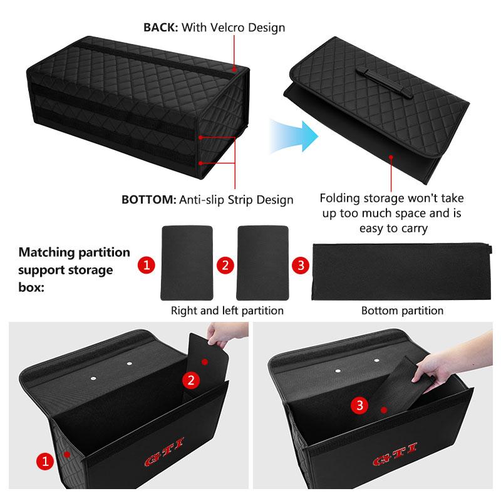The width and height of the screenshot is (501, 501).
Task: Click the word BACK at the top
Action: (162, 28)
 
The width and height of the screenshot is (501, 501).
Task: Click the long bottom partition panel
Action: (401, 269)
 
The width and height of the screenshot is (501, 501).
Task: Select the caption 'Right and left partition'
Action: (227, 311)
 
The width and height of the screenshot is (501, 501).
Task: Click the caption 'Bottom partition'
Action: (402, 311)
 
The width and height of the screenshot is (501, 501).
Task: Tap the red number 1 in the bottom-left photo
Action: (43, 462)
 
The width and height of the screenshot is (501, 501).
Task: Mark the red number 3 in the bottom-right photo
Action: (359, 405)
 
